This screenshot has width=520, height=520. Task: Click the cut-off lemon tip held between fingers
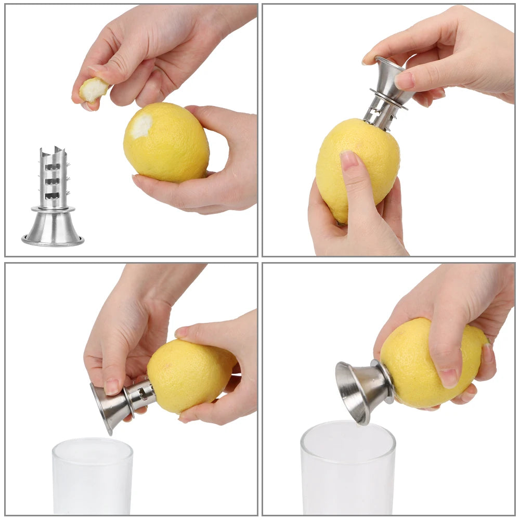(x=94, y=89)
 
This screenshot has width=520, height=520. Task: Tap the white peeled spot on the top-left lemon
(x=141, y=126)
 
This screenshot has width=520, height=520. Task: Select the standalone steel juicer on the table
(x=53, y=200)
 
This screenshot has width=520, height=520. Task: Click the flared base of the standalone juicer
(x=53, y=229)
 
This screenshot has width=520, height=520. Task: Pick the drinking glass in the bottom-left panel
(x=92, y=476)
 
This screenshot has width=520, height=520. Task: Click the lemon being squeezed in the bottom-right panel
(x=434, y=364)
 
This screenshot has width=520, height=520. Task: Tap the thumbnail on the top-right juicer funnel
(x=404, y=80)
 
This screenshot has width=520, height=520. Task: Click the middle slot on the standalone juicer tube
(x=53, y=181)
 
